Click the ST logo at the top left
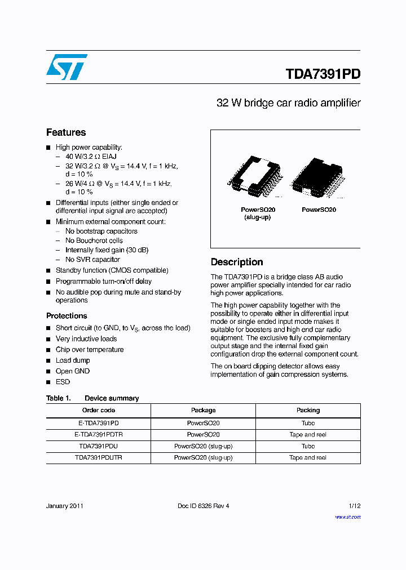pyautogui.click(x=67, y=67)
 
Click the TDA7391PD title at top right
pyautogui.click(x=323, y=74)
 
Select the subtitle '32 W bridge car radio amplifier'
pyautogui.click(x=288, y=103)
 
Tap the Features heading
pyautogui.click(x=66, y=132)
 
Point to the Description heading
pyautogui.click(x=237, y=262)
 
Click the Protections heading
pyautogui.click(x=67, y=316)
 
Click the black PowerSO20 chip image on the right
pyautogui.click(x=319, y=177)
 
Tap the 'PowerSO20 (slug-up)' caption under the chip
pyautogui.click(x=257, y=213)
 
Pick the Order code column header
pyautogui.click(x=99, y=410)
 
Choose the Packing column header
pyautogui.click(x=308, y=410)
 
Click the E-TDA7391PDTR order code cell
pyautogui.click(x=99, y=434)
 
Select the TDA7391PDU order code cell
pyautogui.click(x=99, y=446)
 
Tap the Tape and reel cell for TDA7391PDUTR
pyautogui.click(x=308, y=458)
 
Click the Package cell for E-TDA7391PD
pyautogui.click(x=203, y=422)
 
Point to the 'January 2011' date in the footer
pyautogui.click(x=65, y=506)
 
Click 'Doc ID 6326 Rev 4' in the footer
pyautogui.click(x=203, y=506)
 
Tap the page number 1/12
pyautogui.click(x=354, y=506)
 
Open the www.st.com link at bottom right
pyautogui.click(x=347, y=517)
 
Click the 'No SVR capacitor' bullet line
pyautogui.click(x=92, y=260)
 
